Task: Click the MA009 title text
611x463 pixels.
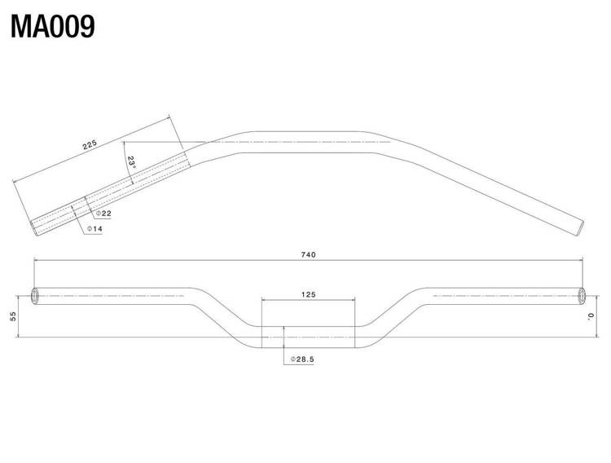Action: (x=53, y=27)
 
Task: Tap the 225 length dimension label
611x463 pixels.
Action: (x=90, y=145)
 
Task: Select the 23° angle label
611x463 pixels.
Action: (x=132, y=162)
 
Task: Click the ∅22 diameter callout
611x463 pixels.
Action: (x=103, y=214)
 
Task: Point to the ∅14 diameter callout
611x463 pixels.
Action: (x=95, y=229)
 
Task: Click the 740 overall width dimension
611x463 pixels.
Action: (x=308, y=254)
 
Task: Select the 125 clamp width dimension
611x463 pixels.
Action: (x=308, y=294)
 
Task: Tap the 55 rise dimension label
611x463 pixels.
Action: (x=13, y=316)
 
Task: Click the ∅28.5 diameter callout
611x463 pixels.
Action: (x=302, y=359)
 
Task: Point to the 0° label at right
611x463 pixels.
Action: (x=591, y=316)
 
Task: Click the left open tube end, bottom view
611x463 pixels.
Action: (x=35, y=296)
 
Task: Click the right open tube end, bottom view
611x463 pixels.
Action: (x=582, y=296)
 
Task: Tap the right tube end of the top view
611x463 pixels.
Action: (x=579, y=227)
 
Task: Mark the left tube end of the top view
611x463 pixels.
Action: (x=34, y=227)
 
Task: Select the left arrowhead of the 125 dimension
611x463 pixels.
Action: (x=264, y=300)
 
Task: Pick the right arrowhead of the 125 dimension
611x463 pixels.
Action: (x=352, y=300)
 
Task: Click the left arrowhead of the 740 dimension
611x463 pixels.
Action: (x=37, y=259)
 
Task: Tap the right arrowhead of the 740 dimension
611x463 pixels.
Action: (x=580, y=259)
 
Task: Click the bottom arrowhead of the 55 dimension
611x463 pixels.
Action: (x=18, y=334)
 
